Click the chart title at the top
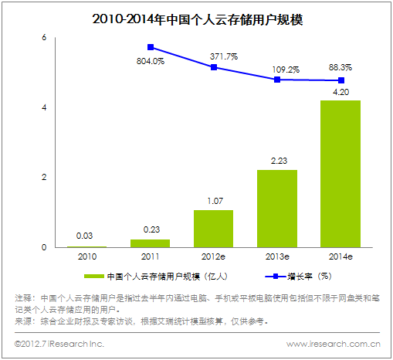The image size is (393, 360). point(197,17)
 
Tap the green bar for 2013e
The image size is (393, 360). point(277,209)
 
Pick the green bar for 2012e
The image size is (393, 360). point(214,229)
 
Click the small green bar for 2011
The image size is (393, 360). point(151,243)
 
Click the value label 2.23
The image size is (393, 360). point(277,160)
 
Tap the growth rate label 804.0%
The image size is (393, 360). point(150,62)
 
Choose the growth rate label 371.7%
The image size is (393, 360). point(224,56)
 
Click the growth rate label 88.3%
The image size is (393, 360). point(341,67)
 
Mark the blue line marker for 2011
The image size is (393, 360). point(151,47)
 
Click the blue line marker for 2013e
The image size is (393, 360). point(277,80)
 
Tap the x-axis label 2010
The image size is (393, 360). point(87,256)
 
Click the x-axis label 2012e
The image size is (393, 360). point(214,256)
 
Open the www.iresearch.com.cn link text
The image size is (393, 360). point(333,344)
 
